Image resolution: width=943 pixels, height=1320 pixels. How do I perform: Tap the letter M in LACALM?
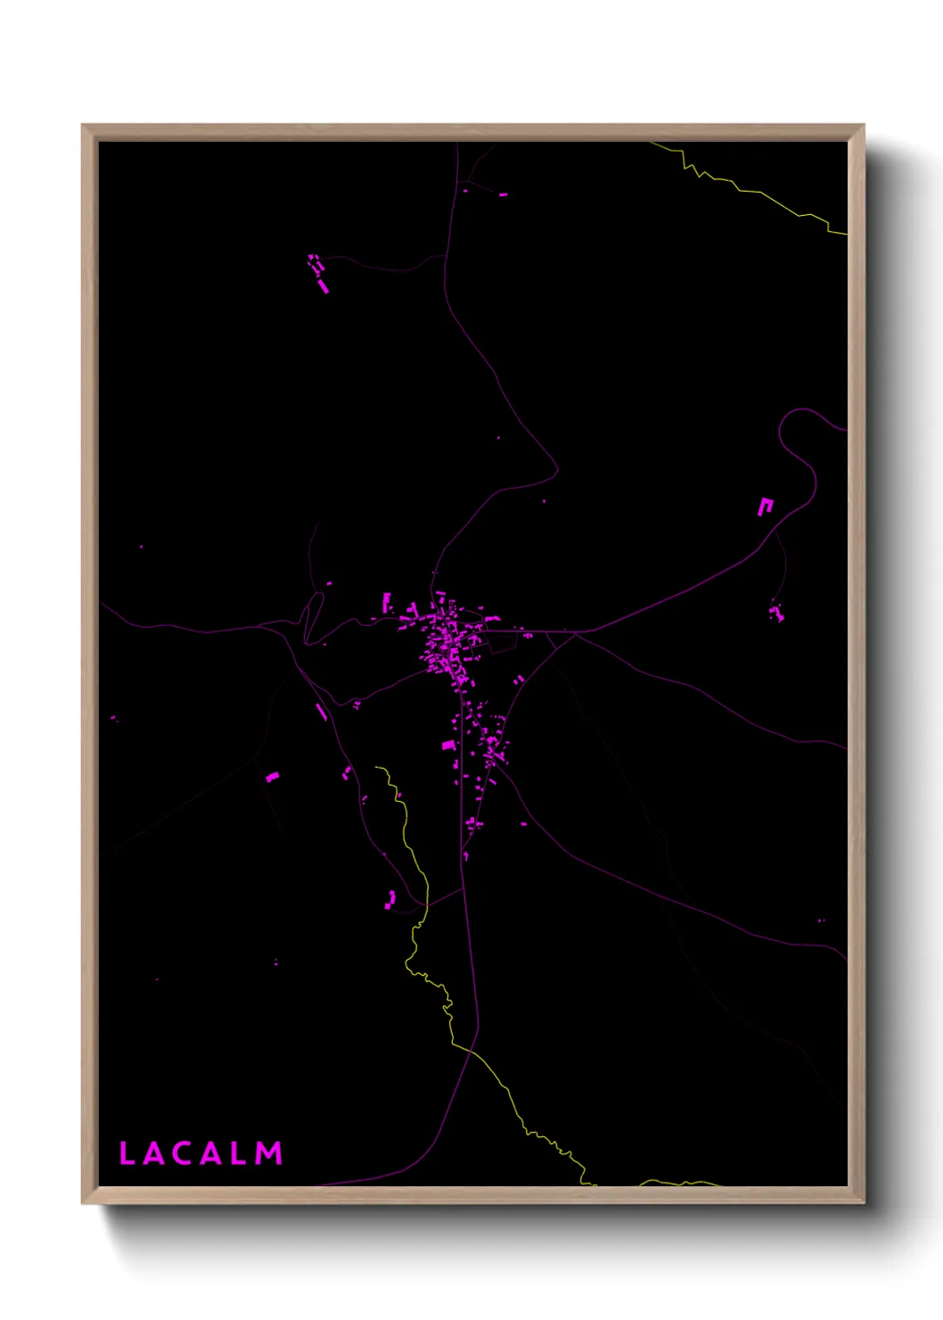pyautogui.click(x=269, y=1154)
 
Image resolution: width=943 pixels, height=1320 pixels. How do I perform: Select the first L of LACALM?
pyautogui.click(x=127, y=1154)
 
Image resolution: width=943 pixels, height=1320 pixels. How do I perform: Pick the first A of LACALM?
pyautogui.click(x=152, y=1154)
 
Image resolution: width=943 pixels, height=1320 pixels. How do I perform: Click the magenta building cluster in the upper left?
pyautogui.click(x=318, y=272)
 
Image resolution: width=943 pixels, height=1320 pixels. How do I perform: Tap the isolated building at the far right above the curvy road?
pyautogui.click(x=765, y=507)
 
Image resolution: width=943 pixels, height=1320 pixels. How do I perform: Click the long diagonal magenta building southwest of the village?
pyautogui.click(x=321, y=712)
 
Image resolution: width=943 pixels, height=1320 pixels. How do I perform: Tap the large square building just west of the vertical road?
pyautogui.click(x=448, y=745)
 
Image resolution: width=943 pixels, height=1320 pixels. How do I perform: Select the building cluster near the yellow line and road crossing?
pyautogui.click(x=390, y=899)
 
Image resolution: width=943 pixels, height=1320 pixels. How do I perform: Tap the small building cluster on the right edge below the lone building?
pyautogui.click(x=776, y=612)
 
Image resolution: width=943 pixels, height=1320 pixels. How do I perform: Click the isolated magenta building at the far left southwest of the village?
pyautogui.click(x=273, y=777)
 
